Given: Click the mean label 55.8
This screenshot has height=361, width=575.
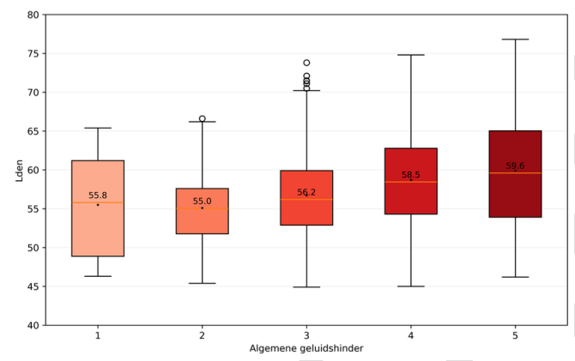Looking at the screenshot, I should click(x=98, y=196).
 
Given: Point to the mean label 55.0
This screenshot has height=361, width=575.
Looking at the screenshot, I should click(x=203, y=202).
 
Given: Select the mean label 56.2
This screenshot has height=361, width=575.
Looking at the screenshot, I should click(x=306, y=193).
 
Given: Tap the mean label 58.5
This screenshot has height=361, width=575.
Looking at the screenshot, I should click(x=411, y=175).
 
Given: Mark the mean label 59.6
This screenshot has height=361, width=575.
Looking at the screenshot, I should click(x=515, y=166).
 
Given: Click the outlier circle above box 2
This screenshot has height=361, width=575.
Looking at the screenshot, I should click(x=203, y=118).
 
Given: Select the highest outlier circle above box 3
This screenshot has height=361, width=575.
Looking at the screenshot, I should click(x=306, y=63).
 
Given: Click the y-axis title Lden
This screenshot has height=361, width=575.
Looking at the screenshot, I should click(x=19, y=170).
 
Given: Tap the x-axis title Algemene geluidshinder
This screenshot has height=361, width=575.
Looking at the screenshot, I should click(x=306, y=349).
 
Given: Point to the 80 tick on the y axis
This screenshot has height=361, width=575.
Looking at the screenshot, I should click(x=32, y=15).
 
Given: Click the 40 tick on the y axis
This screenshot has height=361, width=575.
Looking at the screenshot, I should click(x=32, y=325).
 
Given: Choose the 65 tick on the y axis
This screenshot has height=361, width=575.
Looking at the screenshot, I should click(x=32, y=131).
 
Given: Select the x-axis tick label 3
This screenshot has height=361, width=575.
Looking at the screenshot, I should click(x=306, y=336).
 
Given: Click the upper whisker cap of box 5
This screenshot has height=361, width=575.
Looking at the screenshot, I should click(x=515, y=39).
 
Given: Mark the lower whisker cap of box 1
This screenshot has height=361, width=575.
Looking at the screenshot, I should click(x=98, y=276).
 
